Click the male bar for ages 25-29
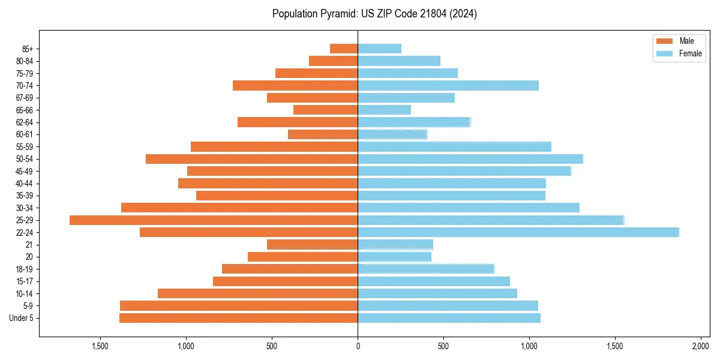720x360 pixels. (x=214, y=220)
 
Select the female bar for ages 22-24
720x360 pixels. (x=518, y=232)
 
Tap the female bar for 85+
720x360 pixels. (x=379, y=49)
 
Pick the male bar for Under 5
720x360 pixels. (x=238, y=318)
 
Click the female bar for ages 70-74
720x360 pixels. (x=448, y=85)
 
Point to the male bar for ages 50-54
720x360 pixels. (x=251, y=159)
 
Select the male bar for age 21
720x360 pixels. (x=312, y=245)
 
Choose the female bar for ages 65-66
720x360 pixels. (x=384, y=110)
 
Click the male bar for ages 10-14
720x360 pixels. (x=257, y=293)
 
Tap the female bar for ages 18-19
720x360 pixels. (x=426, y=269)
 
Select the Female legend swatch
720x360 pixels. (x=665, y=53)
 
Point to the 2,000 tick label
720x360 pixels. (x=700, y=347)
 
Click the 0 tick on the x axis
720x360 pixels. (x=358, y=347)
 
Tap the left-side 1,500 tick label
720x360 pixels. (x=100, y=347)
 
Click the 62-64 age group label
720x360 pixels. (x=25, y=122)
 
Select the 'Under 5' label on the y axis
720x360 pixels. (x=21, y=318)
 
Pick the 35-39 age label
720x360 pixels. (x=25, y=196)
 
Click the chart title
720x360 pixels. (x=374, y=14)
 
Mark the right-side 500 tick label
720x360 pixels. (x=443, y=347)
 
